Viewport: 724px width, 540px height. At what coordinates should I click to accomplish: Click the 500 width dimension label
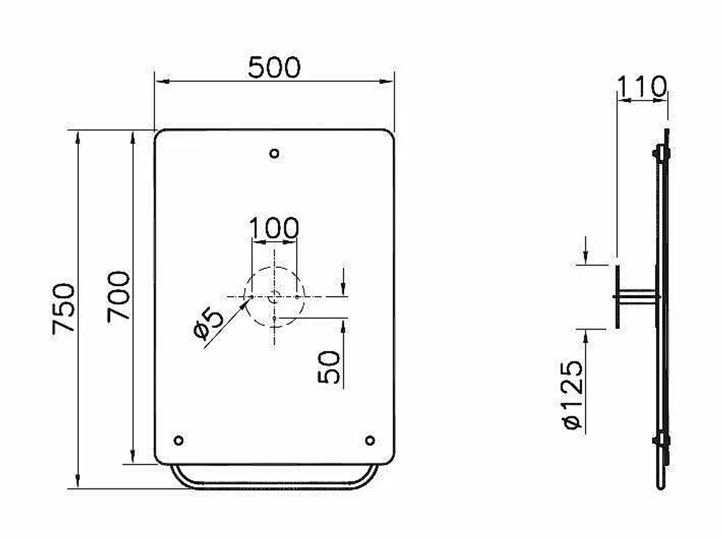274,67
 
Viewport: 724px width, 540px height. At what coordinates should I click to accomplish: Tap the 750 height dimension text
64,308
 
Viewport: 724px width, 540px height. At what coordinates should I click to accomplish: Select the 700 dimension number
119,296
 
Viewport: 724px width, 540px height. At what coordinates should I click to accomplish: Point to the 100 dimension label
274,228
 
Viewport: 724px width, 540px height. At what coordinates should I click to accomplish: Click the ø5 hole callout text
209,324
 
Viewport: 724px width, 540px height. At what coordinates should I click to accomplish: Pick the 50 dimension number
329,367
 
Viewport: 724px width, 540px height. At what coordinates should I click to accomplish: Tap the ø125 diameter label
573,395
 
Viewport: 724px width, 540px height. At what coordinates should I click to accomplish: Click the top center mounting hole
274,153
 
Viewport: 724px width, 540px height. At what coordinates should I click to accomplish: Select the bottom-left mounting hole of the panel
179,440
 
